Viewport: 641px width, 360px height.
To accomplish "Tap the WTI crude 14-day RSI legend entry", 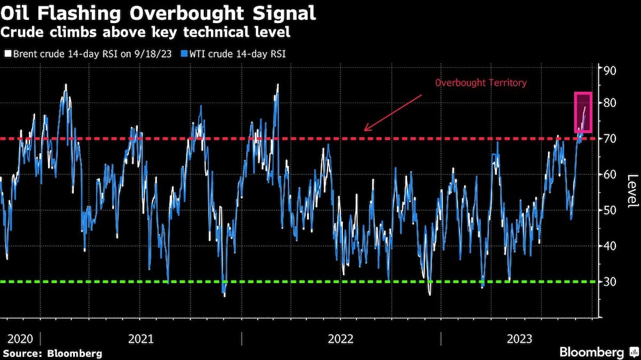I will click(238, 54).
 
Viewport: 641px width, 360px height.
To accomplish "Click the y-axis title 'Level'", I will click(632, 191).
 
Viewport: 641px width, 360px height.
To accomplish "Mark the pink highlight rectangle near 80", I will click(583, 113).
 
